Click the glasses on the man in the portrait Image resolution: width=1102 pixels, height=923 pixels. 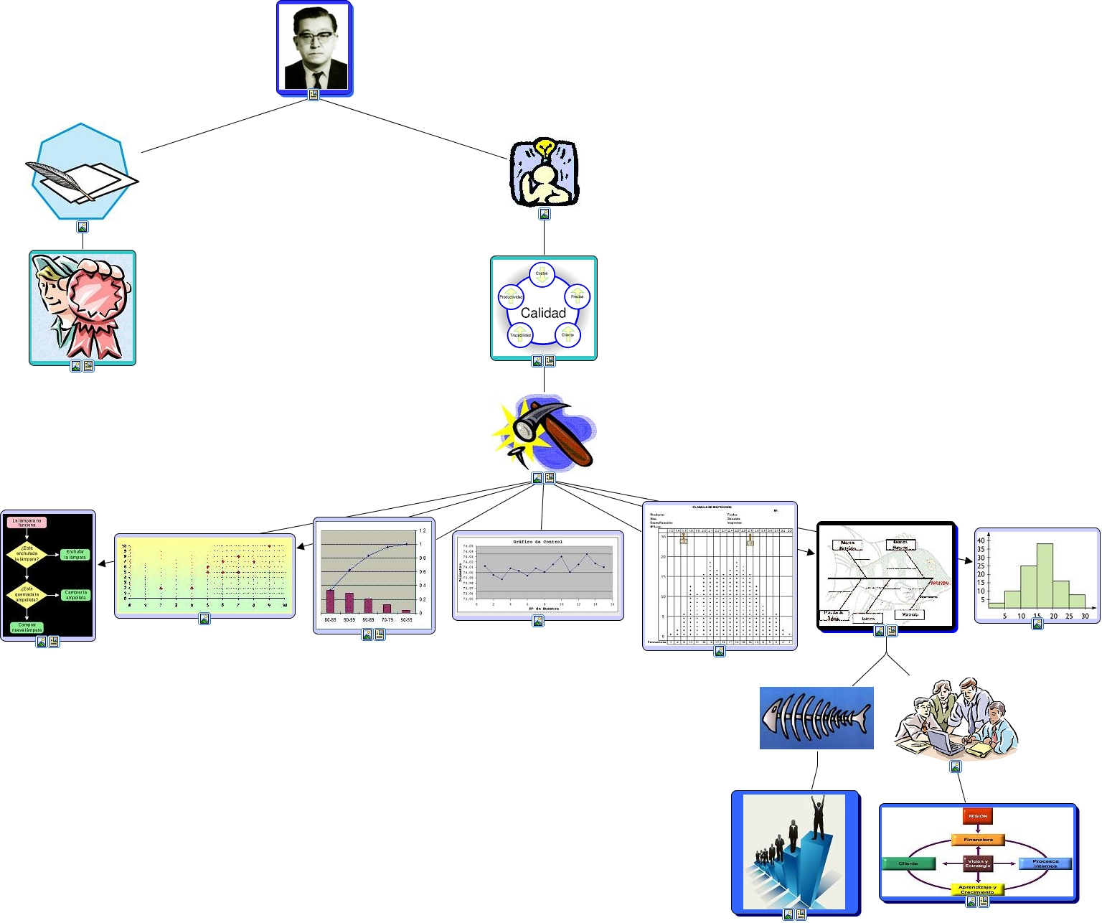pyautogui.click(x=315, y=34)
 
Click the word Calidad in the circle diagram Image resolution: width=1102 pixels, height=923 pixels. pyautogui.click(x=543, y=313)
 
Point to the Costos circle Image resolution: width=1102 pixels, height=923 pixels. pyautogui.click(x=542, y=273)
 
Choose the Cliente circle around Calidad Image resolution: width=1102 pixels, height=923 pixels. pyautogui.click(x=568, y=334)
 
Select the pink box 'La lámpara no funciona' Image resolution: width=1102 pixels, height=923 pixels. pyautogui.click(x=27, y=523)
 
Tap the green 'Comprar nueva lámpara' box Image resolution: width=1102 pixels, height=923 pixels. pyautogui.click(x=27, y=627)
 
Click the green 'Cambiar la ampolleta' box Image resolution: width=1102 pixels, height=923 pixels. pyautogui.click(x=75, y=595)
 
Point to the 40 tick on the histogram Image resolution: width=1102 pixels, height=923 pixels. pyautogui.click(x=981, y=540)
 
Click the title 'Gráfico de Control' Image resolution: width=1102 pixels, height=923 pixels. pyautogui.click(x=537, y=542)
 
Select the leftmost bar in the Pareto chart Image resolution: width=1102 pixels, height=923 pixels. pyautogui.click(x=330, y=601)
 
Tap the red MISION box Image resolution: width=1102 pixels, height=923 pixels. pyautogui.click(x=978, y=816)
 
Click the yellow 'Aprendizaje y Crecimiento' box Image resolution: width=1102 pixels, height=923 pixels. pyautogui.click(x=977, y=889)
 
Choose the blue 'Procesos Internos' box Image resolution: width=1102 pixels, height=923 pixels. pyautogui.click(x=1045, y=863)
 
